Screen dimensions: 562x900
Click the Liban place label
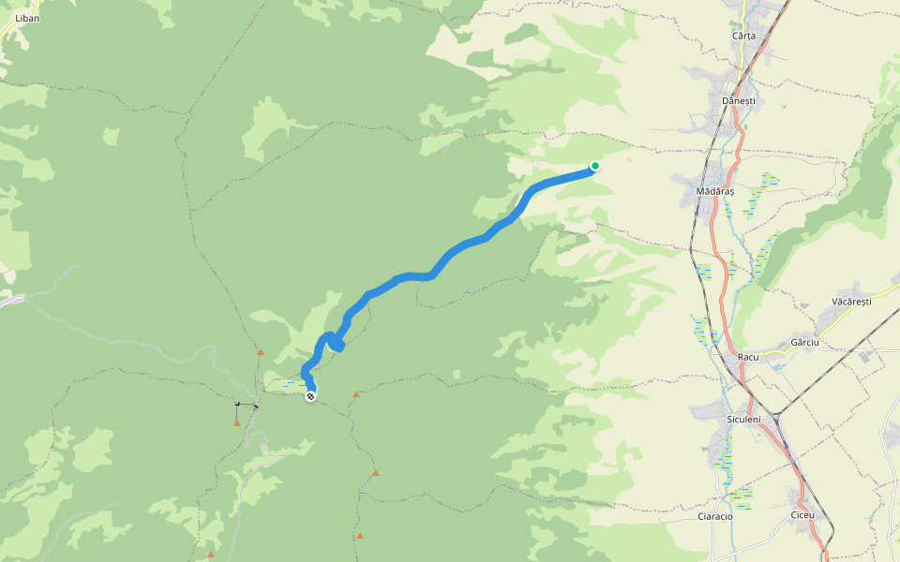click(x=27, y=18)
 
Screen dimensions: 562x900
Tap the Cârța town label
click(x=743, y=36)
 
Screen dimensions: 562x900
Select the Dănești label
click(x=739, y=100)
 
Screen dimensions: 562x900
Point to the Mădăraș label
click(x=715, y=191)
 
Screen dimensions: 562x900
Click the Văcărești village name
click(x=851, y=302)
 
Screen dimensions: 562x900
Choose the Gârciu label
click(x=804, y=343)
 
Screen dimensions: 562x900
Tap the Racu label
click(x=747, y=357)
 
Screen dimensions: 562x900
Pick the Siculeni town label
click(x=743, y=418)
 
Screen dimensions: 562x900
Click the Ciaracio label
click(x=715, y=516)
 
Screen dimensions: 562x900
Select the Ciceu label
click(x=803, y=515)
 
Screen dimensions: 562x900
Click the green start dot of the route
click(x=594, y=167)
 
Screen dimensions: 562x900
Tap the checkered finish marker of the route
click(x=310, y=396)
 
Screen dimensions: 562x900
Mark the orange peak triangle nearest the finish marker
click(x=355, y=394)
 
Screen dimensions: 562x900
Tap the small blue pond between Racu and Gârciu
click(x=776, y=366)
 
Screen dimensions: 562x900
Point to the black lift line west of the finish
click(x=247, y=405)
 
